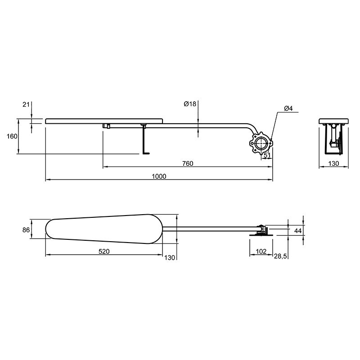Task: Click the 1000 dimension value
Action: coord(159,176)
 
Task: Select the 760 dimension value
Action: coord(188,163)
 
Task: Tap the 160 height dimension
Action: coord(12,136)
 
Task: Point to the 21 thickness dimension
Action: coord(26,104)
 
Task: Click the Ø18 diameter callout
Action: coord(190,104)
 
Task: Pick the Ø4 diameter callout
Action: coord(288,108)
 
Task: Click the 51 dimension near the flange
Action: coord(267,155)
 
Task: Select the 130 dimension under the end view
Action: coord(333,163)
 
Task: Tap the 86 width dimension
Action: coord(26,230)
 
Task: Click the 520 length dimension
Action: coord(104,252)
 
